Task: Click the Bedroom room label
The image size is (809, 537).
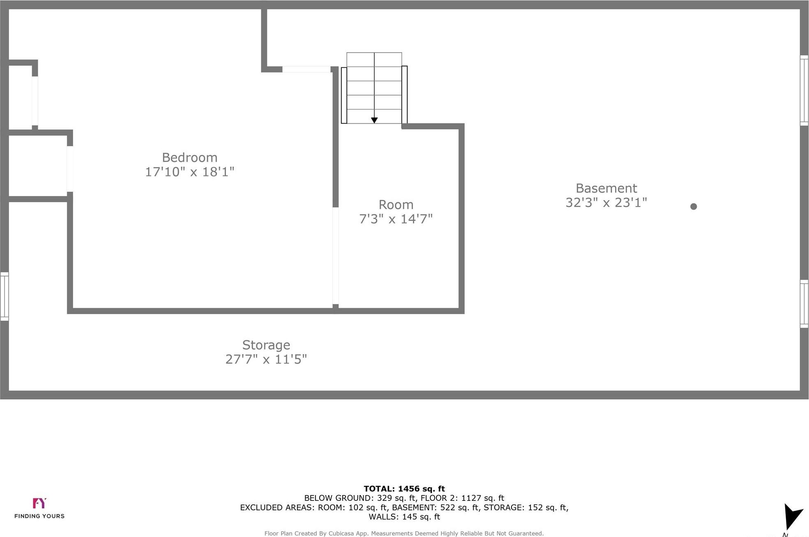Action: pyautogui.click(x=189, y=157)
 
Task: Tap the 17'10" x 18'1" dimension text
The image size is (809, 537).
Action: pyautogui.click(x=189, y=172)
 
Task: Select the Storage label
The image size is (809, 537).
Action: pyautogui.click(x=266, y=345)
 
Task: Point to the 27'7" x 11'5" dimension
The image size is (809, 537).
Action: pyautogui.click(x=266, y=360)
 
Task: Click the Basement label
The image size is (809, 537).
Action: pyautogui.click(x=606, y=188)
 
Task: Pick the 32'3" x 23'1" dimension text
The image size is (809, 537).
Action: pyautogui.click(x=606, y=203)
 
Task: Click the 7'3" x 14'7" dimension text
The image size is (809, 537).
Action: pyautogui.click(x=396, y=219)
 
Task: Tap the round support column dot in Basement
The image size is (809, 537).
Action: pyautogui.click(x=694, y=207)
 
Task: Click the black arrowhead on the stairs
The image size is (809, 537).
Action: pyautogui.click(x=374, y=120)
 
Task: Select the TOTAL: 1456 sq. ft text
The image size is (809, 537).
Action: pyautogui.click(x=404, y=489)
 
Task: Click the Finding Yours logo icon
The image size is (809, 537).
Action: pyautogui.click(x=39, y=503)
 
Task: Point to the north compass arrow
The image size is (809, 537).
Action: pyautogui.click(x=792, y=516)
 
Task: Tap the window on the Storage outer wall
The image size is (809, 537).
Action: pyautogui.click(x=5, y=296)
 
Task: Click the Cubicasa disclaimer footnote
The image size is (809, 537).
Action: pyautogui.click(x=404, y=533)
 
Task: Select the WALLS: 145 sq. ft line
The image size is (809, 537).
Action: pyautogui.click(x=404, y=517)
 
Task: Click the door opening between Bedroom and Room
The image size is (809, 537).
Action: pyautogui.click(x=336, y=256)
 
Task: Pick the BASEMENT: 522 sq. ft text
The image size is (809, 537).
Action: pyautogui.click(x=436, y=507)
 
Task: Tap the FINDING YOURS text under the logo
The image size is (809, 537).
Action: pyautogui.click(x=39, y=516)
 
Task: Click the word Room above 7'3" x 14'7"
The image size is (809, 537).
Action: pyautogui.click(x=396, y=205)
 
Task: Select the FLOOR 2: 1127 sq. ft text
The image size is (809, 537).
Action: pyautogui.click(x=462, y=498)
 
